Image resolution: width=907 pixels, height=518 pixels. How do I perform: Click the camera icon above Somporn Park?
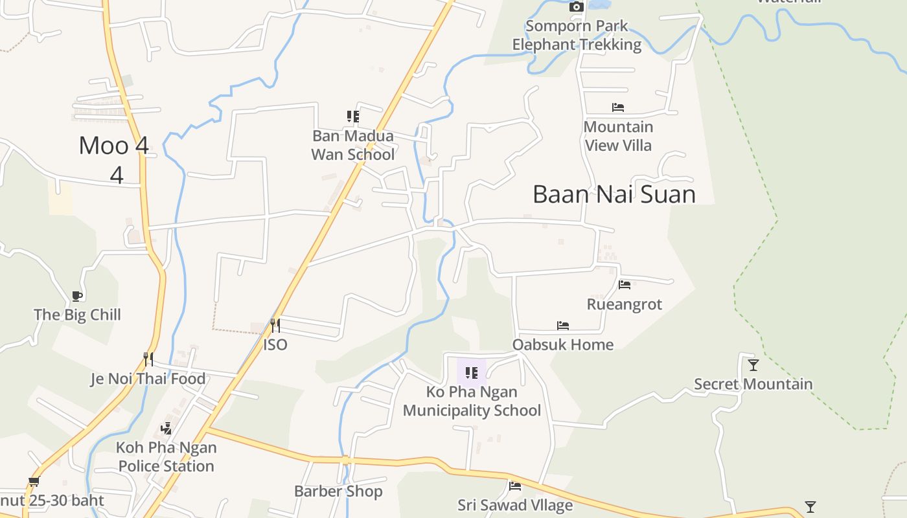576,7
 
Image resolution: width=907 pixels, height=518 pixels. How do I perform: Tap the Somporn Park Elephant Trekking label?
577,36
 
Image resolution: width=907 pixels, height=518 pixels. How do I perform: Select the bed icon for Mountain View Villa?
618,107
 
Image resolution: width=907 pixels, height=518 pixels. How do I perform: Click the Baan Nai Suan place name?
614,194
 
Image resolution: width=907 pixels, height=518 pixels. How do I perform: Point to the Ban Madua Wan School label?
353,145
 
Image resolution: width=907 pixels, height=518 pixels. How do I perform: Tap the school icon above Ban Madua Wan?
353,117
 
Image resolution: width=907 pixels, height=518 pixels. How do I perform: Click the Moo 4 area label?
114,146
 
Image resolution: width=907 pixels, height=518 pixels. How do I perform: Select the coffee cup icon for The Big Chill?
77,297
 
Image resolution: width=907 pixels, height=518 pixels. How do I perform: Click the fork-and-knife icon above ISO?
275,325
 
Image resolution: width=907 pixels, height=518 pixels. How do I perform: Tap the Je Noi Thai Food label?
148,379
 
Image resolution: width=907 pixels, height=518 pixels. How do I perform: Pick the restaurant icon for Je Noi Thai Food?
148,359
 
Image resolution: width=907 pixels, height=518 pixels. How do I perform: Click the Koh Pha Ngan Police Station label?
166,456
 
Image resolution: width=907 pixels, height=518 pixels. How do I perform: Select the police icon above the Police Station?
166,428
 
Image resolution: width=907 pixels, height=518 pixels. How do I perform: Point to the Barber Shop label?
338,491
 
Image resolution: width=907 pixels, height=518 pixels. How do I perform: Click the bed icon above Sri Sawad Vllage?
515,486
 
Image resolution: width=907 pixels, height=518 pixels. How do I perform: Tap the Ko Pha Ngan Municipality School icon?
472,373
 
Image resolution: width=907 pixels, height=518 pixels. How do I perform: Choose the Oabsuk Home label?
563,344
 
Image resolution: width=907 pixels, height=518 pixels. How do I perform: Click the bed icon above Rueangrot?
625,284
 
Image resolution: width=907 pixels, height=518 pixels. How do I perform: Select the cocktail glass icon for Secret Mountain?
753,365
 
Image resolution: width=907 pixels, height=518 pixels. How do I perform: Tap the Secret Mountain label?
753,384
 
